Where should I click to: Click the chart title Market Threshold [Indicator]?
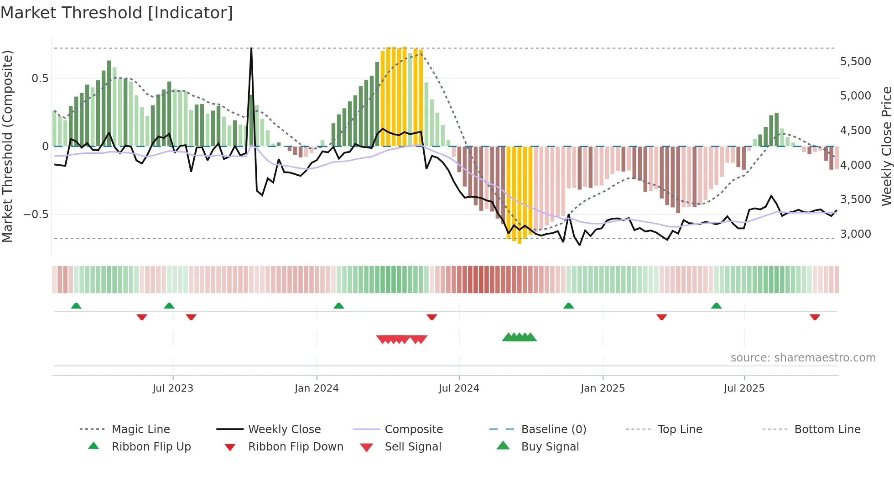click(x=117, y=13)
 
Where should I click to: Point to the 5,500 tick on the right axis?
click(x=855, y=62)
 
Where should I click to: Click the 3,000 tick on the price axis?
click(x=855, y=234)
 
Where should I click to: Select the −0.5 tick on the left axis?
click(x=36, y=215)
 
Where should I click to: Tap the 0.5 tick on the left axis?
click(x=40, y=79)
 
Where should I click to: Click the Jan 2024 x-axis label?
click(x=317, y=388)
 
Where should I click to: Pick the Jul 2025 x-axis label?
click(x=744, y=388)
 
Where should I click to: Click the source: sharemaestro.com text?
click(x=803, y=358)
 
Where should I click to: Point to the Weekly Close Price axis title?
click(x=886, y=146)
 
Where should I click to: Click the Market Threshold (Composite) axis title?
click(x=7, y=146)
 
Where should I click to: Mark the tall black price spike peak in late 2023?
click(x=251, y=49)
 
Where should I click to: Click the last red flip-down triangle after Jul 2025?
click(x=815, y=317)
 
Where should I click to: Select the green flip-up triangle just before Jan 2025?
click(x=568, y=306)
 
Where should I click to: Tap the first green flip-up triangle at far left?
click(x=76, y=306)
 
